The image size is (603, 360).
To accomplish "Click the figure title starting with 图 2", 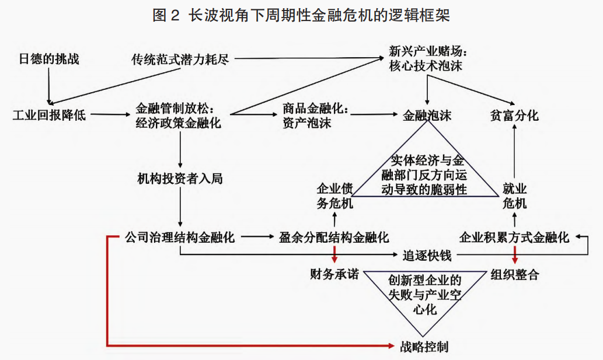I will pyautogui.click(x=301, y=16).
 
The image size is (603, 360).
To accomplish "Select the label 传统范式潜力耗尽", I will pyautogui.click(x=179, y=59).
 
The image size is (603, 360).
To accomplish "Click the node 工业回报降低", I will pyautogui.click(x=49, y=115).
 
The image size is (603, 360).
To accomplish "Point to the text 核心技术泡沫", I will pyautogui.click(x=426, y=66).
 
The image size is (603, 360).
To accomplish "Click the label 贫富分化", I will pyautogui.click(x=514, y=115).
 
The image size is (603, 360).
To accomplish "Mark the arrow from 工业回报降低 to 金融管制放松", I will pyautogui.click(x=110, y=115).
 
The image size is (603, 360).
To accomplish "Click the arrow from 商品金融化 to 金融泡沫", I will pyautogui.click(x=376, y=115).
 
